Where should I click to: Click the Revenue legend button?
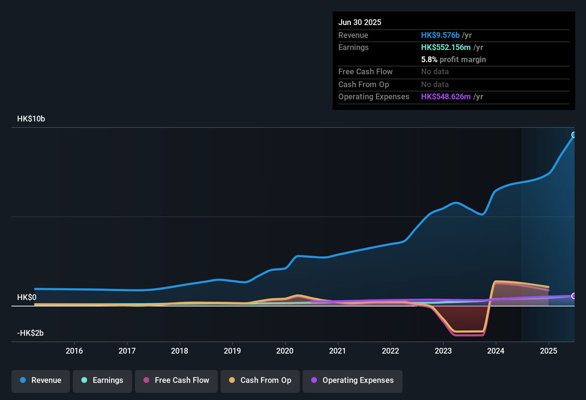pyautogui.click(x=41, y=380)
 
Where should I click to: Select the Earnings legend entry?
pyautogui.click(x=102, y=380)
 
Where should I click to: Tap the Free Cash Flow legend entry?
pyautogui.click(x=176, y=380)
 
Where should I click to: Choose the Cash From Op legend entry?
pyautogui.click(x=260, y=380)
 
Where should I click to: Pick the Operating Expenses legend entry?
pyautogui.click(x=353, y=380)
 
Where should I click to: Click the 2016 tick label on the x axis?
pyautogui.click(x=74, y=351)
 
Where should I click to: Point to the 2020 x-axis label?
pyautogui.click(x=285, y=351)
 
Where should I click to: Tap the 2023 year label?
pyautogui.click(x=443, y=351)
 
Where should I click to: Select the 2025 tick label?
pyautogui.click(x=549, y=351)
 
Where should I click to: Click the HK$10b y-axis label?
pyautogui.click(x=31, y=119)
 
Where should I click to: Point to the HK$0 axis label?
pyautogui.click(x=27, y=297)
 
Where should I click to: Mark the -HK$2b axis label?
pyautogui.click(x=30, y=333)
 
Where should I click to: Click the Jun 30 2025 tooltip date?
pyautogui.click(x=360, y=22)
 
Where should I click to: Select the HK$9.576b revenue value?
pyautogui.click(x=440, y=35)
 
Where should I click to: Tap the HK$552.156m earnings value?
pyautogui.click(x=446, y=47)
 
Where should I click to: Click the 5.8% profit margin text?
pyautogui.click(x=453, y=60)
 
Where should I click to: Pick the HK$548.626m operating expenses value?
pyautogui.click(x=446, y=97)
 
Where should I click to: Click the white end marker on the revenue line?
pyautogui.click(x=574, y=135)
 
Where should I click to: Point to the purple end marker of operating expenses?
pyautogui.click(x=574, y=296)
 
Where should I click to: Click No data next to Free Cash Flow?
pyautogui.click(x=435, y=72)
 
